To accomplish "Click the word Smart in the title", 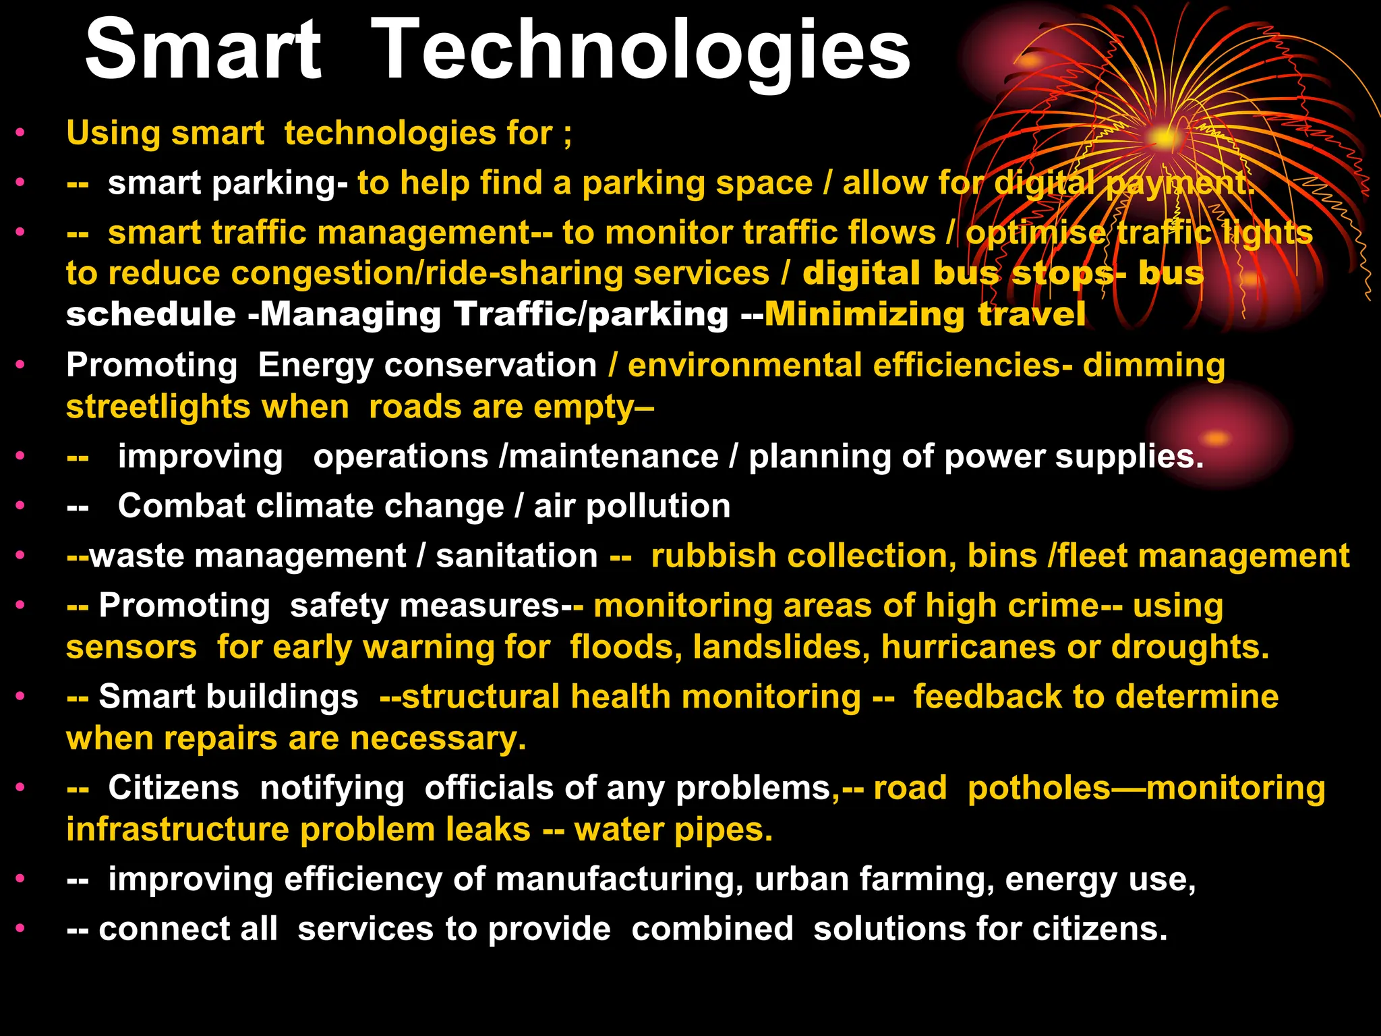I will point(202,51).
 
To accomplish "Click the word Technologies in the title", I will point(641,53).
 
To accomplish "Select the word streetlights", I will point(158,407).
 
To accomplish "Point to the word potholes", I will point(1038,788).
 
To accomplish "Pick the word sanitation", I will point(517,556).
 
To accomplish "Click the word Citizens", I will point(173,788).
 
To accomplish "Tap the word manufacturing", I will point(619,880).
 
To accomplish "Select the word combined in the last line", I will point(712,929).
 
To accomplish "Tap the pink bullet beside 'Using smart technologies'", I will point(21,133).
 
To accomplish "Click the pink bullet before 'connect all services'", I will point(21,929).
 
